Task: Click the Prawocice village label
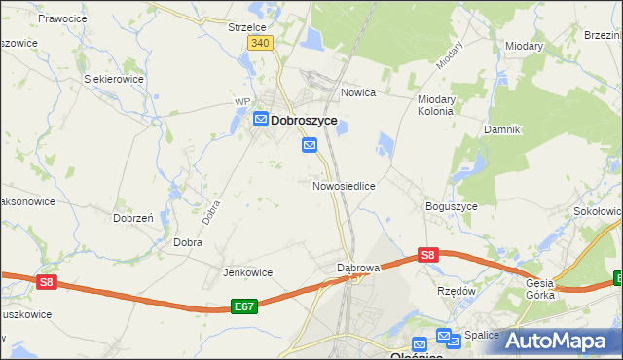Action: tap(64, 18)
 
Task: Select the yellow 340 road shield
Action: tap(259, 44)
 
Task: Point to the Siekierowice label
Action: tap(114, 79)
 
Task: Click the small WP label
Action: tap(243, 101)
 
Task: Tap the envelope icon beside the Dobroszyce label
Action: tap(261, 120)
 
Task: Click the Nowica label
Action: tap(358, 93)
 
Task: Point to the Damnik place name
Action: tap(503, 129)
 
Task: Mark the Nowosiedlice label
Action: tap(344, 185)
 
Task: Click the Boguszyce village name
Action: tap(451, 206)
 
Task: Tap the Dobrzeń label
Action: tap(133, 219)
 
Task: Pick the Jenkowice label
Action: tap(247, 272)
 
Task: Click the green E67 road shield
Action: tap(244, 306)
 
